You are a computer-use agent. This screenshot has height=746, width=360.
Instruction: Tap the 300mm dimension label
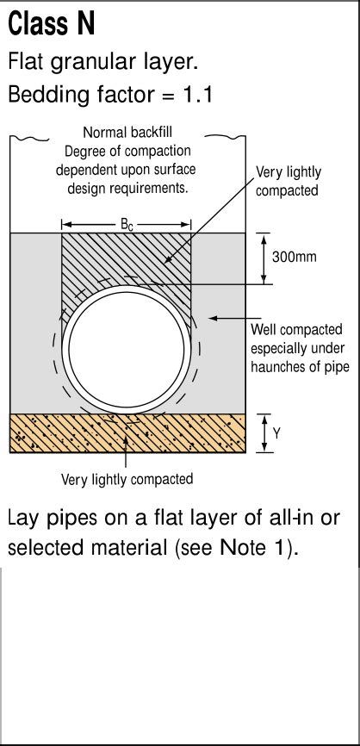(x=295, y=257)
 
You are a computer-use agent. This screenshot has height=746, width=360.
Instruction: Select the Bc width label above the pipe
(x=126, y=225)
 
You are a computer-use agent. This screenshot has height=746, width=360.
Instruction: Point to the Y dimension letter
(x=276, y=434)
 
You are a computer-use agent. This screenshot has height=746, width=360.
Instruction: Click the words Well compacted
(x=296, y=330)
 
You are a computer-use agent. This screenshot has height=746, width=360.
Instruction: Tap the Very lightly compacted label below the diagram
(x=127, y=479)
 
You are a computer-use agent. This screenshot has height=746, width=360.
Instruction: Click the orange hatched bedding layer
(x=69, y=433)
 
